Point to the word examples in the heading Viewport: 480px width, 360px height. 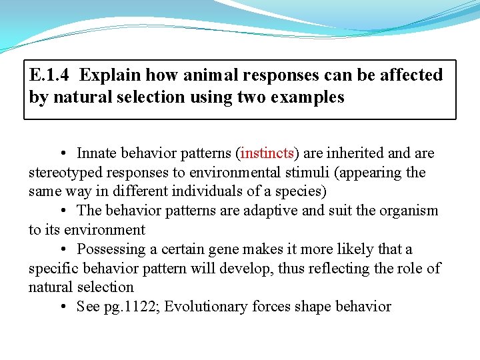tap(306, 97)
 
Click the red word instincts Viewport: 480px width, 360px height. tap(267, 153)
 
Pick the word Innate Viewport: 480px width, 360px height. tap(99, 153)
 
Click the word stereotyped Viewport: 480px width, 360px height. tap(65, 173)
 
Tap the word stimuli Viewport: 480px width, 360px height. tap(307, 173)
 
